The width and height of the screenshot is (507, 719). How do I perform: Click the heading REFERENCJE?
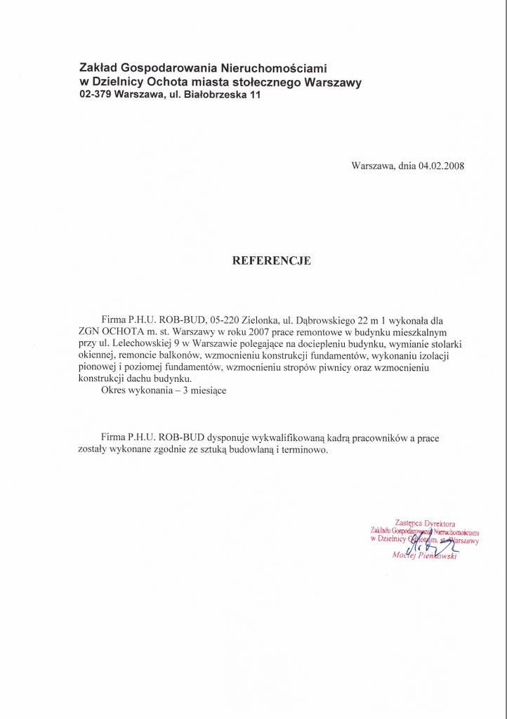coord(271,260)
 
